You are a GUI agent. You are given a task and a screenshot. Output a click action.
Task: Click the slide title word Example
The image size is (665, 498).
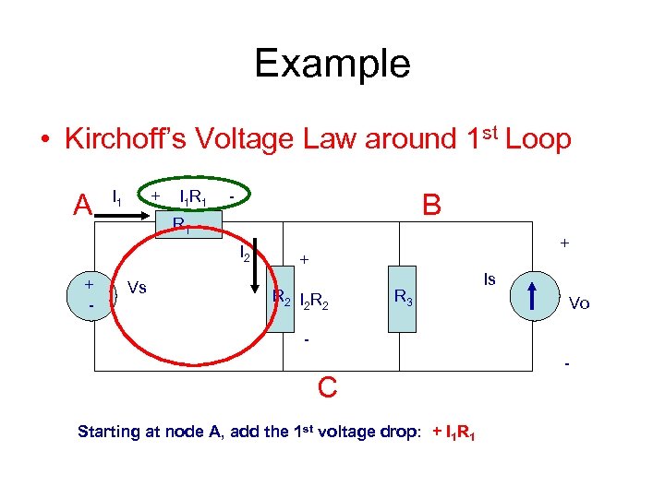tap(332, 64)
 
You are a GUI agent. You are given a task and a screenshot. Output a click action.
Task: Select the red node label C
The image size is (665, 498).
tap(327, 388)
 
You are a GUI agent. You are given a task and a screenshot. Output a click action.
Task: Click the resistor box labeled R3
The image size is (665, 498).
tap(404, 296)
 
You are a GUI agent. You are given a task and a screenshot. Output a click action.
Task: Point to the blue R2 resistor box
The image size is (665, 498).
tap(282, 297)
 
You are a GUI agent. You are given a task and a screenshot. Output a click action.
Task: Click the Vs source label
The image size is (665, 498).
tap(137, 287)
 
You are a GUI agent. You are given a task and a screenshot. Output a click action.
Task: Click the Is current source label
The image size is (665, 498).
tap(490, 279)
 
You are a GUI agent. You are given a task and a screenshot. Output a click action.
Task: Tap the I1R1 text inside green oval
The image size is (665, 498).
tap(192, 197)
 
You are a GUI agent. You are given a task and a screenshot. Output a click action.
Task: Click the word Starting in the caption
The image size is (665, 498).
tap(109, 432)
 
